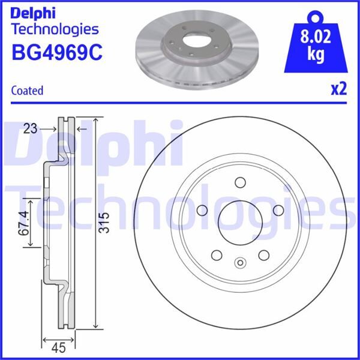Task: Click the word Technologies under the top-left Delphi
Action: point(55,28)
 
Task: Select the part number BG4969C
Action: point(57,53)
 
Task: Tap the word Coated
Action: point(28,91)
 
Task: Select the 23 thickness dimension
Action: point(31,127)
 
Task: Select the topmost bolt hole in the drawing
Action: point(240,182)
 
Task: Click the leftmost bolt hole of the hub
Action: point(202,210)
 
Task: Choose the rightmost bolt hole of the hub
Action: point(278,210)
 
